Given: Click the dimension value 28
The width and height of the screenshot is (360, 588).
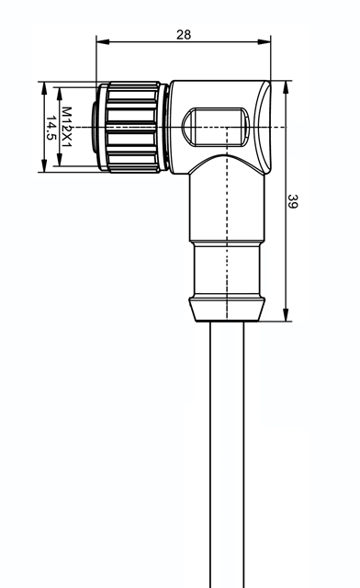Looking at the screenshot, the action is pyautogui.click(x=184, y=35).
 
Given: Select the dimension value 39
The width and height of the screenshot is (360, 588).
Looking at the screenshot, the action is pyautogui.click(x=292, y=201).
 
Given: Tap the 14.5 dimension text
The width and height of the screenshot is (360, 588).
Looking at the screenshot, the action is pyautogui.click(x=51, y=128).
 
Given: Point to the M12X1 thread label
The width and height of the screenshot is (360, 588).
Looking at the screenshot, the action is pyautogui.click(x=67, y=127).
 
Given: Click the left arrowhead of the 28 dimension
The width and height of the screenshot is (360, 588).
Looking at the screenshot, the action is pyautogui.click(x=103, y=41).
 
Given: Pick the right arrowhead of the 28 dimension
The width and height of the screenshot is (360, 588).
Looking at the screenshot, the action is pyautogui.click(x=264, y=41).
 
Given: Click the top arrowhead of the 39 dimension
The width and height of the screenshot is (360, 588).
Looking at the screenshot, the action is pyautogui.click(x=286, y=87).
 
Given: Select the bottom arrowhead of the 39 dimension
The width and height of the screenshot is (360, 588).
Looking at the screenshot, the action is pyautogui.click(x=286, y=314).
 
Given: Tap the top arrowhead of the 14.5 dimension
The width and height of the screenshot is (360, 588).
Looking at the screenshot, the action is pyautogui.click(x=44, y=88).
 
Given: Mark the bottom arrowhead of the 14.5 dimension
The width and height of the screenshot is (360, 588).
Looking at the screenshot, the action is pyautogui.click(x=44, y=165).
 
